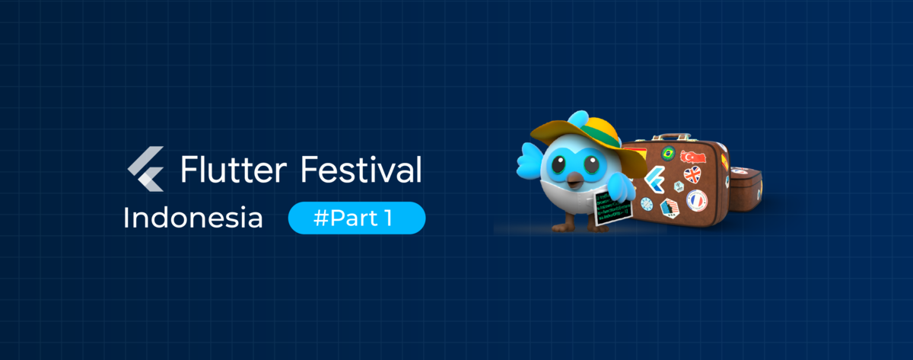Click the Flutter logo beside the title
pyautogui.click(x=145, y=170)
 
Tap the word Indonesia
pyautogui.click(x=192, y=218)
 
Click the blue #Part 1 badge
pyautogui.click(x=356, y=218)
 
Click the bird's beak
pyautogui.click(x=571, y=180)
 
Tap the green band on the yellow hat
pyautogui.click(x=601, y=137)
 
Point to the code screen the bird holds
pyautogui.click(x=612, y=206)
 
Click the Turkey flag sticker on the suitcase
pyautogui.click(x=694, y=156)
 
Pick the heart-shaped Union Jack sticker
pyautogui.click(x=692, y=175)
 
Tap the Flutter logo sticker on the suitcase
pyautogui.click(x=654, y=181)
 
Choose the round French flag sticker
pyautogui.click(x=696, y=200)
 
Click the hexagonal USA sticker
pyautogui.click(x=670, y=207)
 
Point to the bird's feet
pyautogui.click(x=563, y=225)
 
